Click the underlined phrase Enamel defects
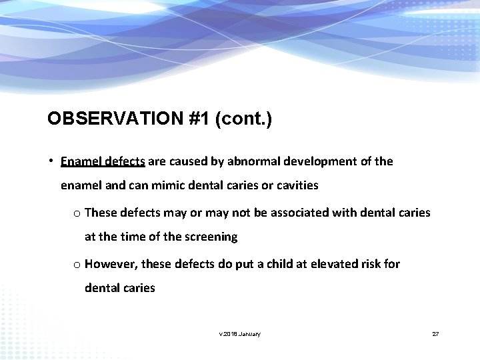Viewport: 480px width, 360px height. (103, 161)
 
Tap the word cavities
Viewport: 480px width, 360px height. (295, 185)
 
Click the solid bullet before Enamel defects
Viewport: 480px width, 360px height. (51, 161)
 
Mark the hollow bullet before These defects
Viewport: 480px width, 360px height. (77, 213)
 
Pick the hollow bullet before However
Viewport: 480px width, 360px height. (77, 265)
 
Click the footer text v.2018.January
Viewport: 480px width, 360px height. (240, 334)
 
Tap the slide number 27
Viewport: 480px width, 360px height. (435, 334)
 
